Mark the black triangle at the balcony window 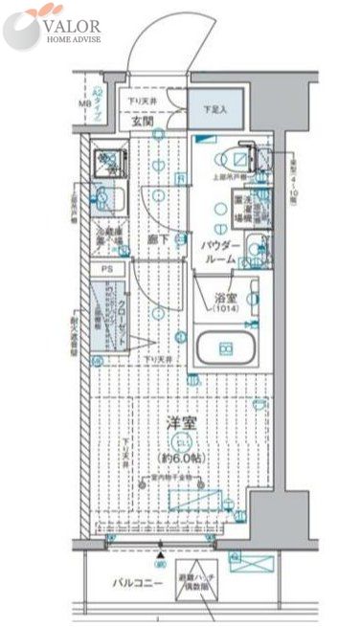(159, 550)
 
